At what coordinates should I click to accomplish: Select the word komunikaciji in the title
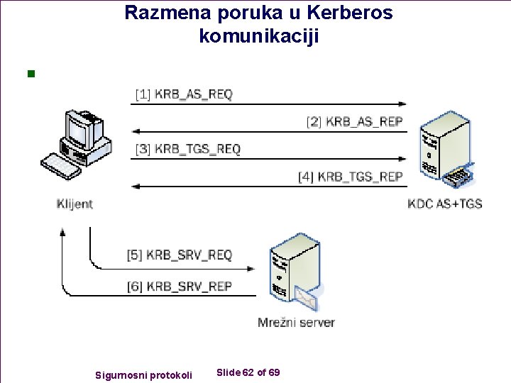click(259, 36)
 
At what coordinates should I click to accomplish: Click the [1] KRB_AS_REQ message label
click(184, 94)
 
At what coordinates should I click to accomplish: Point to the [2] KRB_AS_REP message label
click(354, 121)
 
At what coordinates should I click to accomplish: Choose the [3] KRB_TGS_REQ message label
click(188, 149)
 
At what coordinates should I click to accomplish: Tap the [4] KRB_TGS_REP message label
click(350, 177)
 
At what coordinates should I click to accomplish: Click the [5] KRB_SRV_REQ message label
click(180, 255)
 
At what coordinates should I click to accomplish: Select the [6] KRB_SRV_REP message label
click(180, 286)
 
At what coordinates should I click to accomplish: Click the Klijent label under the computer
click(75, 204)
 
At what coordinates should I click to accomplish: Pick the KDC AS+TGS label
click(445, 204)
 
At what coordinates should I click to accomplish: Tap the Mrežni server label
click(296, 323)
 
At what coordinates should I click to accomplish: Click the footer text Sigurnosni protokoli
click(143, 374)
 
